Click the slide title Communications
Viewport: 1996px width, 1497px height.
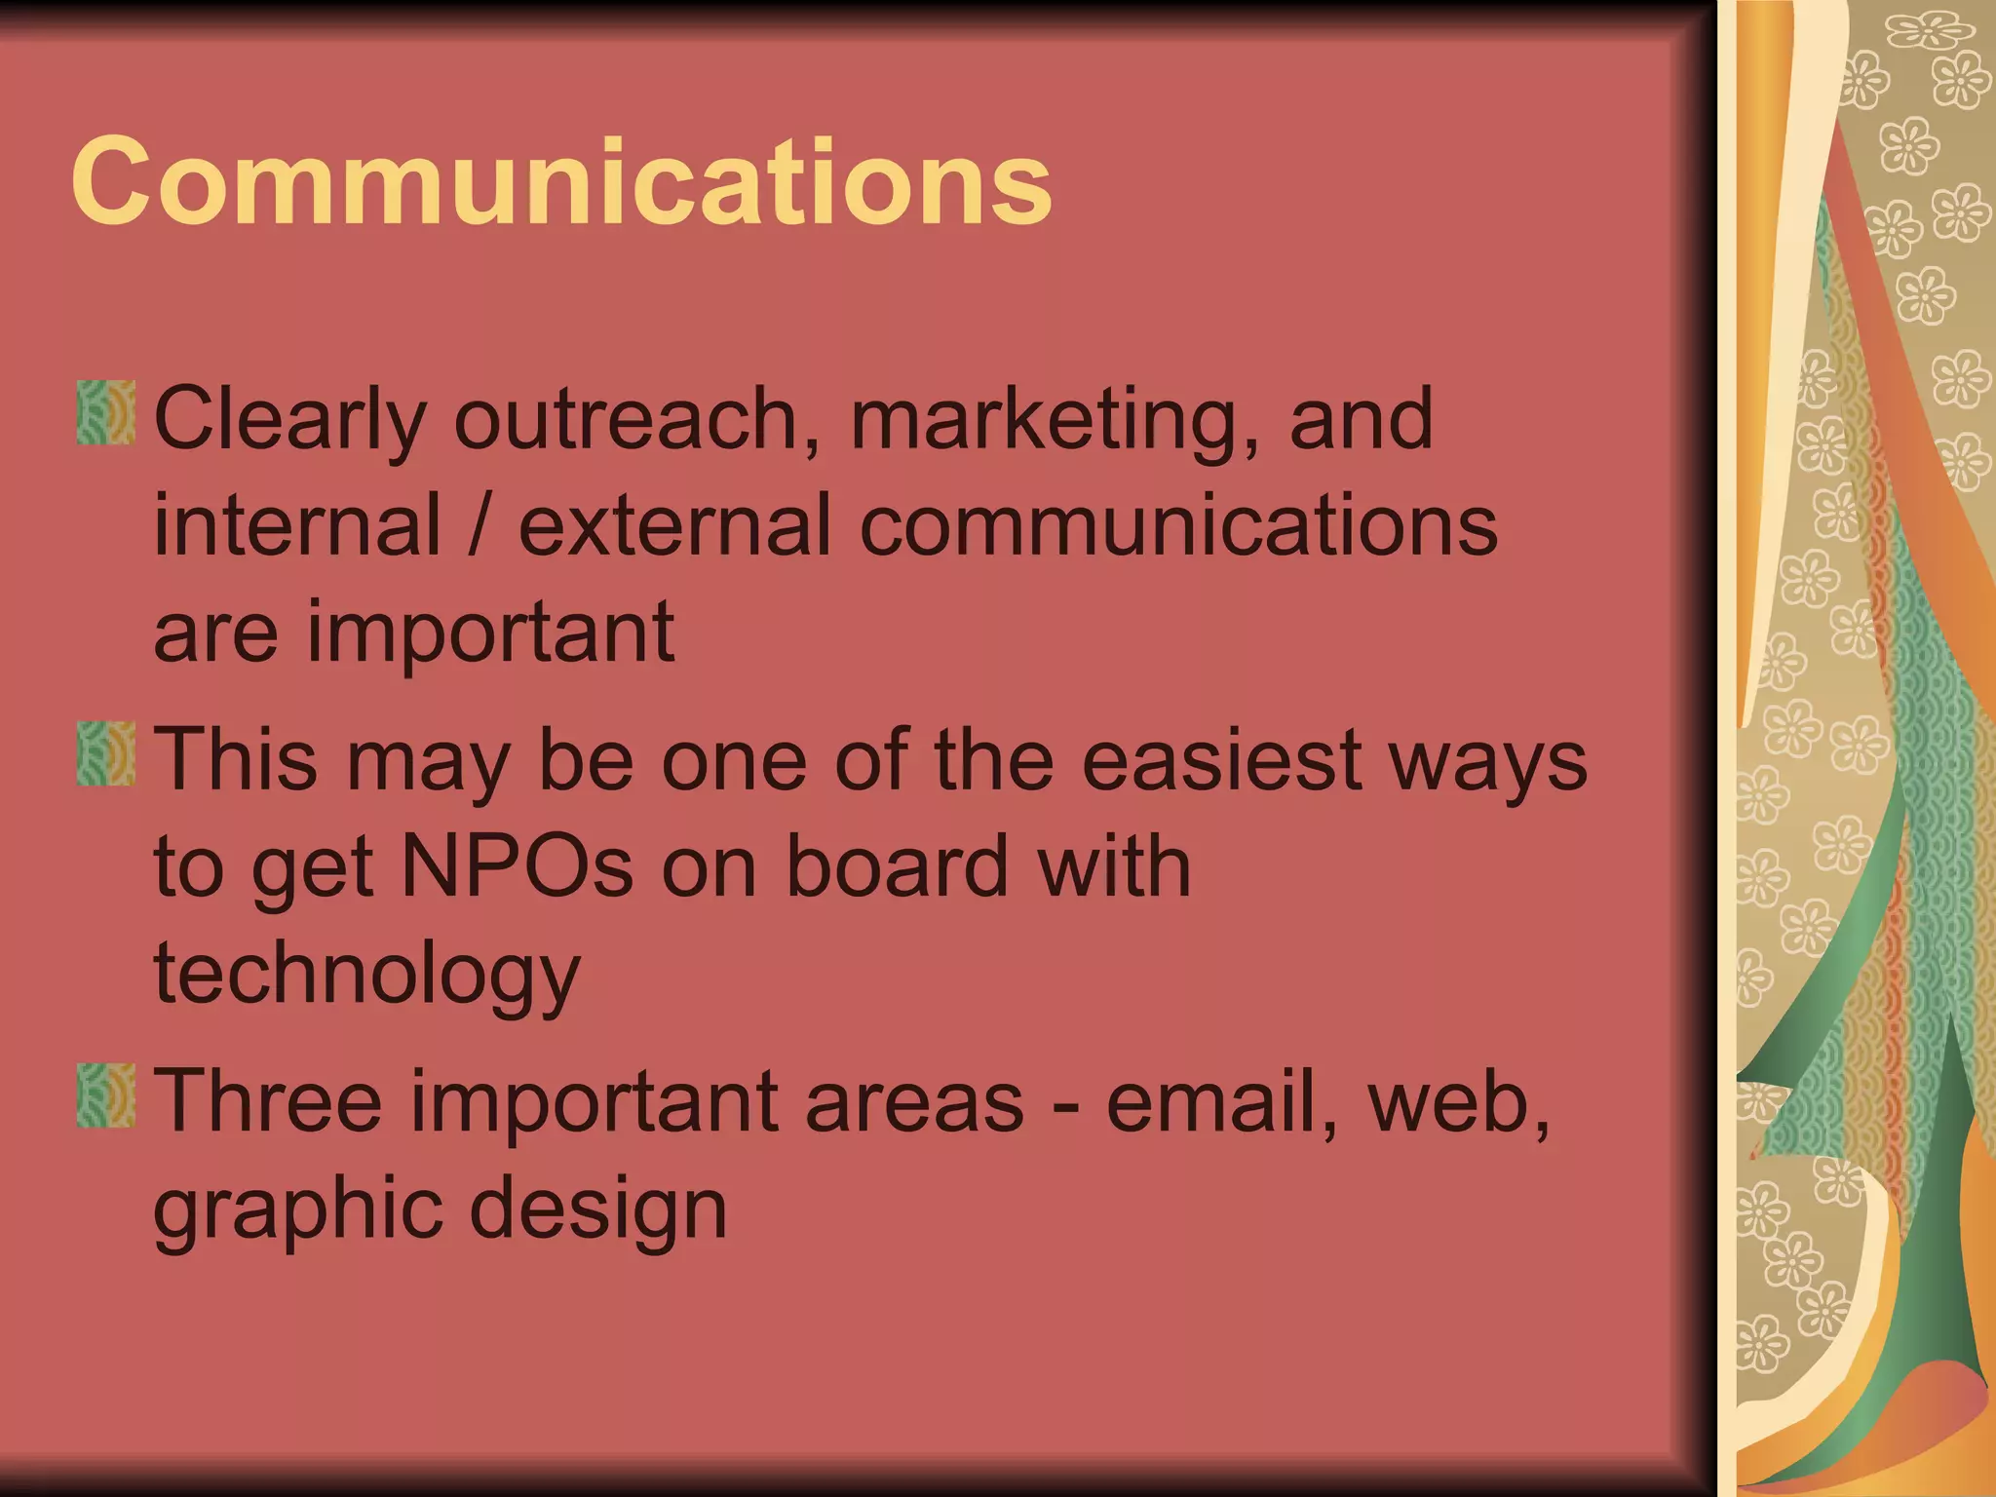point(561,181)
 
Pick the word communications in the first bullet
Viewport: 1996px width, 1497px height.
point(1179,526)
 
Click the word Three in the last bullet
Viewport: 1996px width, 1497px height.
point(268,1101)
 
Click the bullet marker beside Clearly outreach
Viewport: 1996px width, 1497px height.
point(105,412)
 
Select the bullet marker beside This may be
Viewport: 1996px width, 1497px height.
point(105,753)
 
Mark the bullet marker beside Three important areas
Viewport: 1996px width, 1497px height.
point(105,1095)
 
